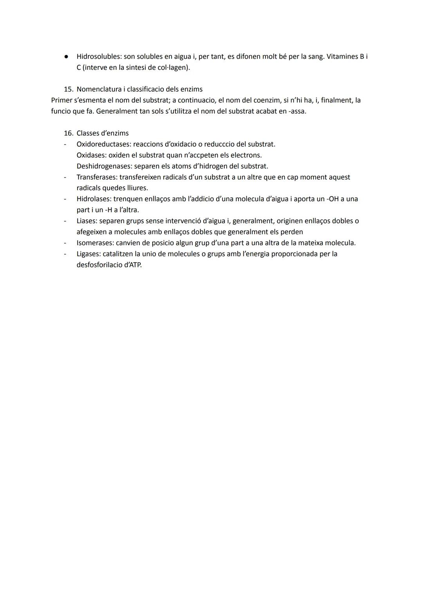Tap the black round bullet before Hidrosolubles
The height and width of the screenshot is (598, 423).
(67, 56)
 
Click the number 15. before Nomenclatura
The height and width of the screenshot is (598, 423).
(69, 89)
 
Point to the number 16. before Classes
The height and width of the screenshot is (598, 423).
(69, 133)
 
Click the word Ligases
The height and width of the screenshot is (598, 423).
(88, 254)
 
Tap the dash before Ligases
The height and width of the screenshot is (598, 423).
(65, 254)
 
